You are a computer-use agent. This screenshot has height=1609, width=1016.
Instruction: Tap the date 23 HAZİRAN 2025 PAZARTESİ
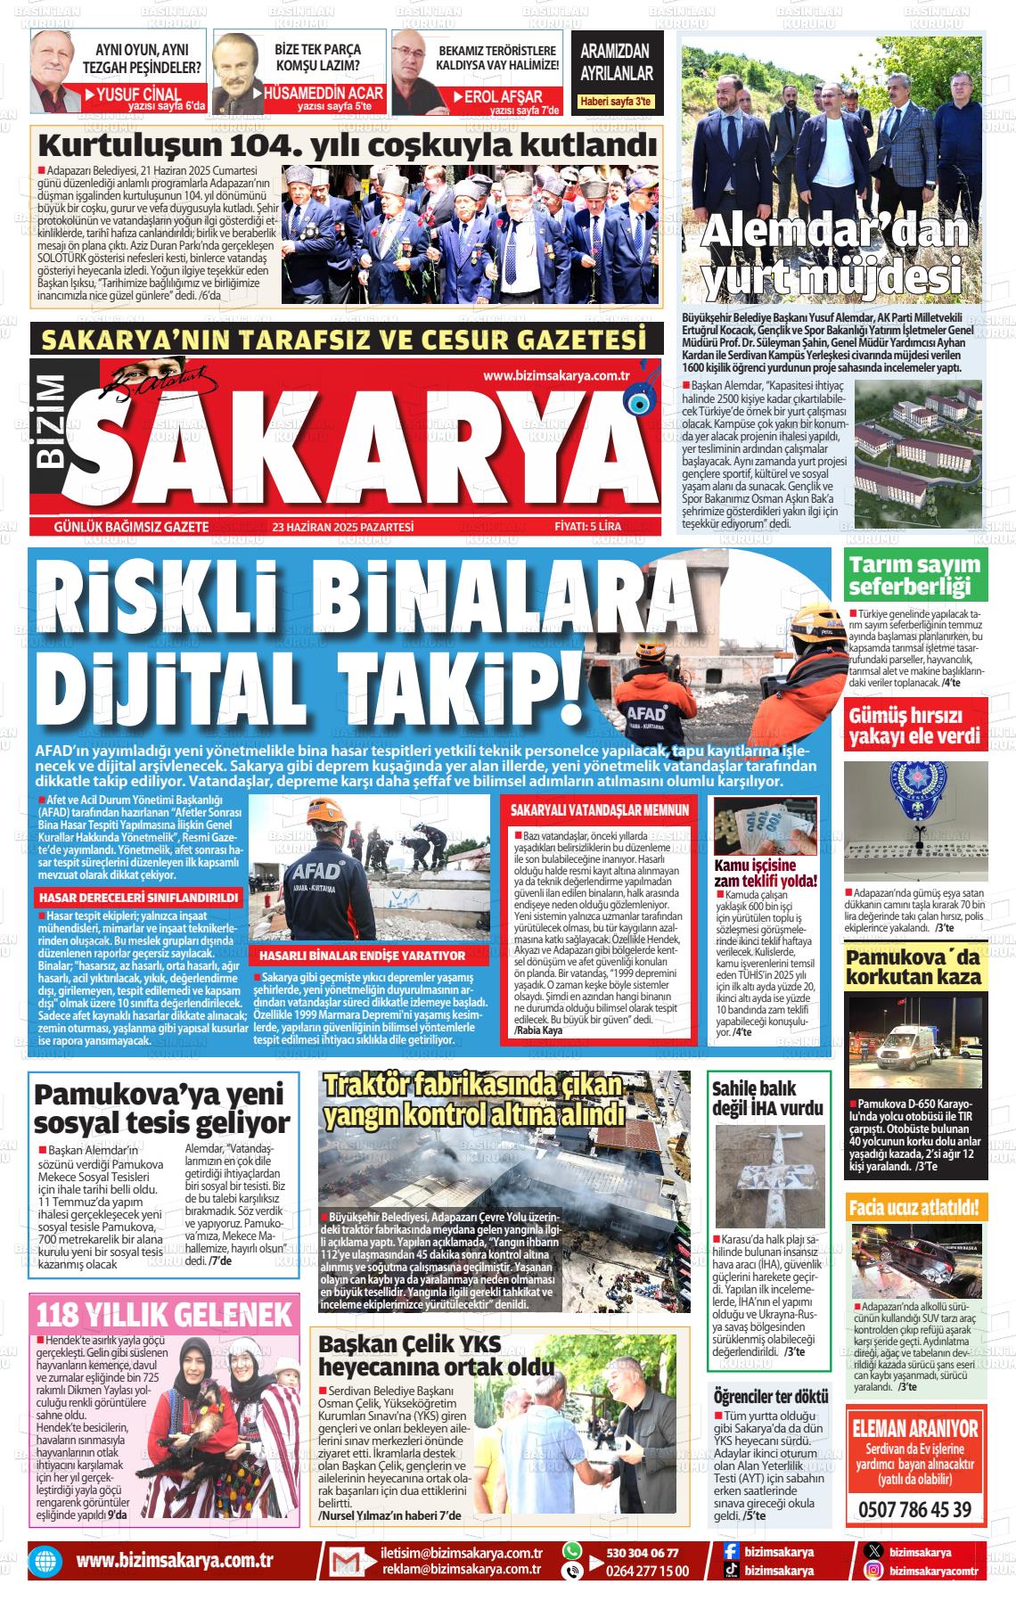(x=343, y=527)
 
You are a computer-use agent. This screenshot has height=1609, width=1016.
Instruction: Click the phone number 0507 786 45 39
(x=915, y=1510)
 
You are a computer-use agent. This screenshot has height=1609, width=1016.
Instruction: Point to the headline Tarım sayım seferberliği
(x=914, y=575)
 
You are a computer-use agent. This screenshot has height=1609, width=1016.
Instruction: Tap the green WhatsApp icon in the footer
(x=572, y=1552)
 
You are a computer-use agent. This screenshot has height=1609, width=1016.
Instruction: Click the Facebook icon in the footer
(x=731, y=1552)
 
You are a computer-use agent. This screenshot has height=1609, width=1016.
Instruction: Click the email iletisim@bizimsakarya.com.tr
(x=462, y=1553)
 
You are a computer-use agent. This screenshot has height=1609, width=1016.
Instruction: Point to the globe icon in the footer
(x=43, y=1562)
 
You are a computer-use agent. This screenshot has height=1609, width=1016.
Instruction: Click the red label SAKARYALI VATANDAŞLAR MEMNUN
(x=600, y=810)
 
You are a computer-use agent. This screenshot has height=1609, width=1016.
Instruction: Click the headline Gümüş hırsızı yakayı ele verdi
(x=915, y=727)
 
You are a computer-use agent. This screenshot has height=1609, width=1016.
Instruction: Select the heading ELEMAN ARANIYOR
(x=915, y=1429)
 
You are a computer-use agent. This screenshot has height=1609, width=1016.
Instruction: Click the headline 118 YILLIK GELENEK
(x=164, y=1315)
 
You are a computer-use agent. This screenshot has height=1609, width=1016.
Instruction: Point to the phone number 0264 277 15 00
(x=648, y=1571)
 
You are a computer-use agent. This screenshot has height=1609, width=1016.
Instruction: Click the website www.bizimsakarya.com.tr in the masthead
(x=556, y=376)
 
